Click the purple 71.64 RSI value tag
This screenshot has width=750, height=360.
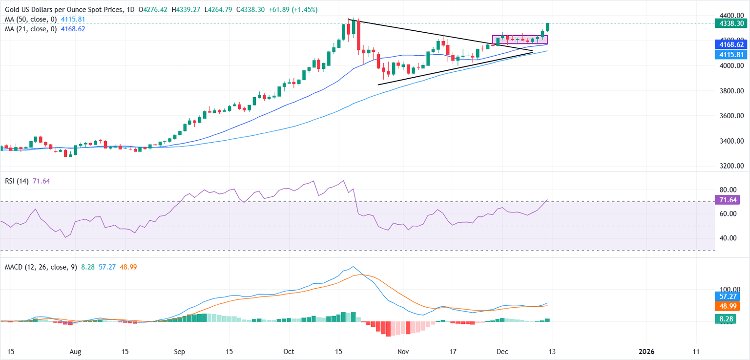pos(728,199)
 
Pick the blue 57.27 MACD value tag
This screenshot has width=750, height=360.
pos(728,296)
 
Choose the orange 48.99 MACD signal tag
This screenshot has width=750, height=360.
pos(728,306)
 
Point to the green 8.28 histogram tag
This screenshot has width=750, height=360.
pos(728,319)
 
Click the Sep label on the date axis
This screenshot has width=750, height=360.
pos(180,351)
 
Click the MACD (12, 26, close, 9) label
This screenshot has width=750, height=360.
pos(39,267)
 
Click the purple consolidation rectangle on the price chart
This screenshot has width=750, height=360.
pos(520,40)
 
